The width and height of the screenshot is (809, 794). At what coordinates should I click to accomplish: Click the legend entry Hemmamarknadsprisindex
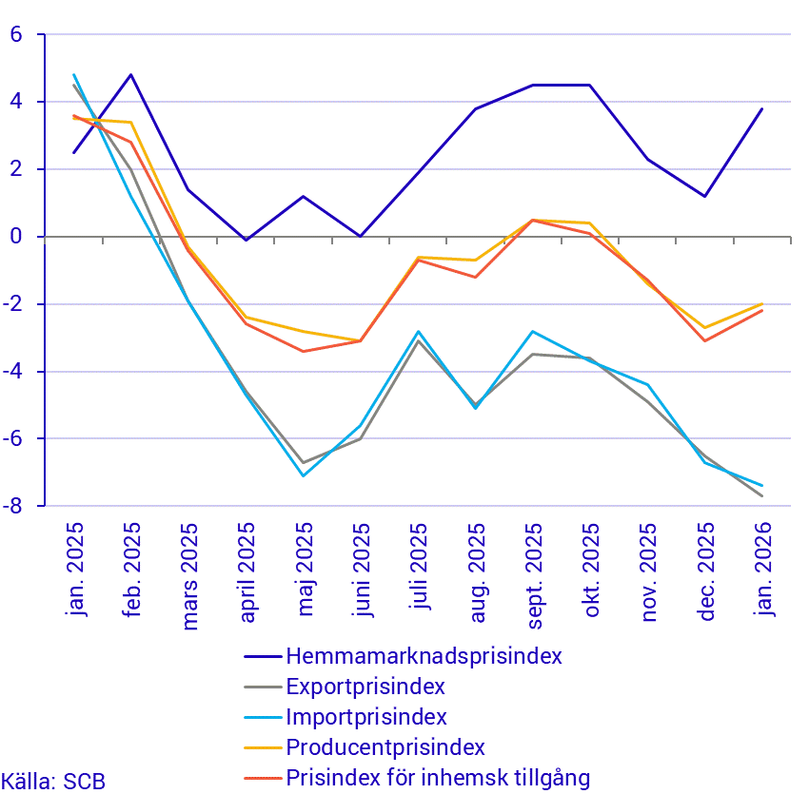424,656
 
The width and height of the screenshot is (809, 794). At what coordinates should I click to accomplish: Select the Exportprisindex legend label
365,687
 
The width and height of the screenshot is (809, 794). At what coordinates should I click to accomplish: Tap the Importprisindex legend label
366,717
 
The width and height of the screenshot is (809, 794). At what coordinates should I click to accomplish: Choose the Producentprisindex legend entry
385,747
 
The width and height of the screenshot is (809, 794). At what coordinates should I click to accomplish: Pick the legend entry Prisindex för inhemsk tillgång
438,778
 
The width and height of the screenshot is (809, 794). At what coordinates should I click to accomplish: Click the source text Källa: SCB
53,782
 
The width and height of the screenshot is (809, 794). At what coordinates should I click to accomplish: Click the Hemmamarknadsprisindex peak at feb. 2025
131,74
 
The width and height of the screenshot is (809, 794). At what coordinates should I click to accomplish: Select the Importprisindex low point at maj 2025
304,475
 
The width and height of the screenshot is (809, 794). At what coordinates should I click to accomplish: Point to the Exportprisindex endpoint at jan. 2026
762,495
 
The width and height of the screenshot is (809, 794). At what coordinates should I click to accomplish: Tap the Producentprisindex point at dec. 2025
705,327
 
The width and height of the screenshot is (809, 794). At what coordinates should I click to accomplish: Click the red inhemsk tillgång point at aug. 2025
476,277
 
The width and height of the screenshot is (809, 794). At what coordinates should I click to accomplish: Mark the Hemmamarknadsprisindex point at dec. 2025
705,196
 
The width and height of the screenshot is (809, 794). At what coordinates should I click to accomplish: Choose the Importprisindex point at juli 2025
418,331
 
